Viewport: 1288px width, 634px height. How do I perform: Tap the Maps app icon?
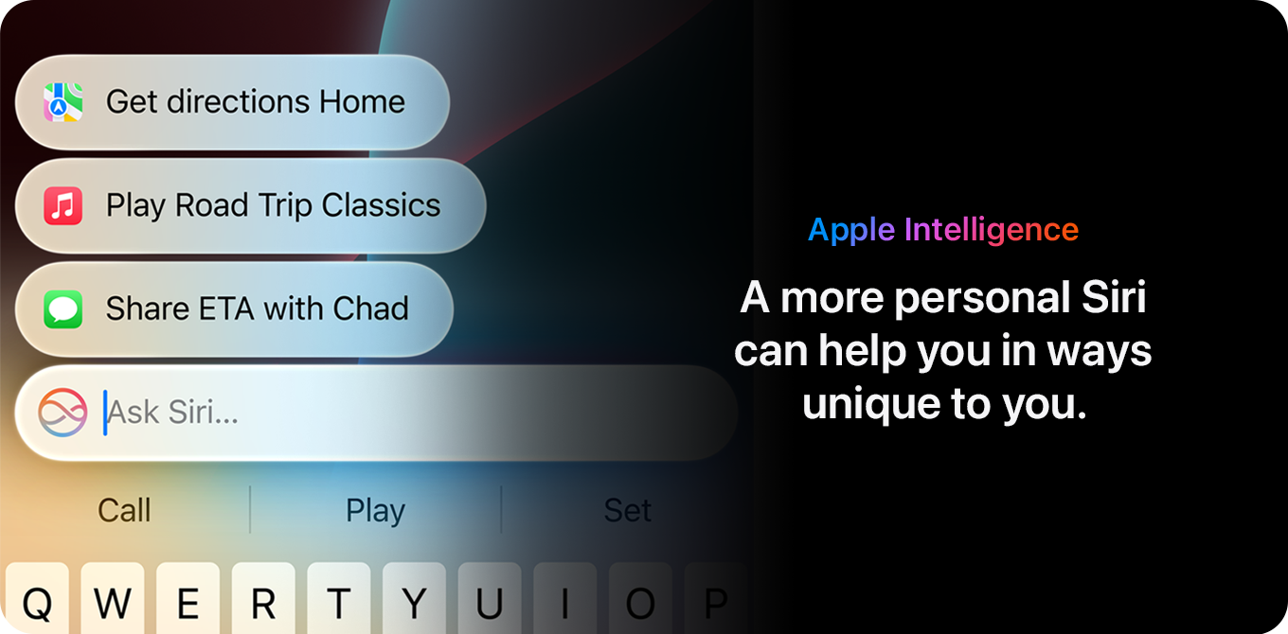point(63,102)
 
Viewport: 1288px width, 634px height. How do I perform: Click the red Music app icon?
point(63,205)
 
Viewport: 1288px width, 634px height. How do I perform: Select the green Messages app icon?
point(63,308)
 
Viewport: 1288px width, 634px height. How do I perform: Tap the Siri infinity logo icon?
point(63,413)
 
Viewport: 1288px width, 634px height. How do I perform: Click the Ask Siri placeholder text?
point(172,413)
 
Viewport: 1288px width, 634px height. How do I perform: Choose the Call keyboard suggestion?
point(124,510)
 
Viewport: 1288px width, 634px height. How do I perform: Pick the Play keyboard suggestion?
point(375,510)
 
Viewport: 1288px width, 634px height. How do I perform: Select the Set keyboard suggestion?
point(627,510)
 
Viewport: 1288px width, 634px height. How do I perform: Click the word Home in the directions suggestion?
point(362,102)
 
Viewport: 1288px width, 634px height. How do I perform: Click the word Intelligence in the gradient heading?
point(992,229)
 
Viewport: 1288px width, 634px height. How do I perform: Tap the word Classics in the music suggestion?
point(382,205)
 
